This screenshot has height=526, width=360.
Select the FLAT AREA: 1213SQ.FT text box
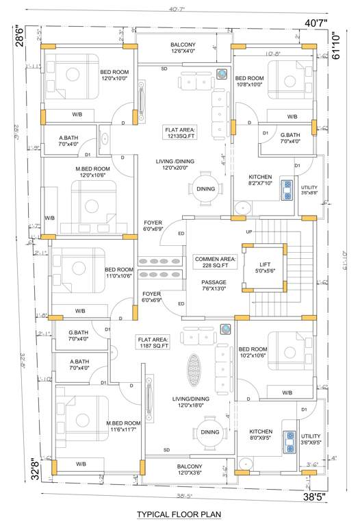coord(181,131)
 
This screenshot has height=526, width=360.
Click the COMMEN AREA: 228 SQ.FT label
coord(215,262)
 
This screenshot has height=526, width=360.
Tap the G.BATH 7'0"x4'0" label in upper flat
coord(290,138)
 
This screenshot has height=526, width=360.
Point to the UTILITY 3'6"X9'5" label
coord(311,438)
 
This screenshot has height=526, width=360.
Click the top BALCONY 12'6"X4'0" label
coord(183,47)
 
